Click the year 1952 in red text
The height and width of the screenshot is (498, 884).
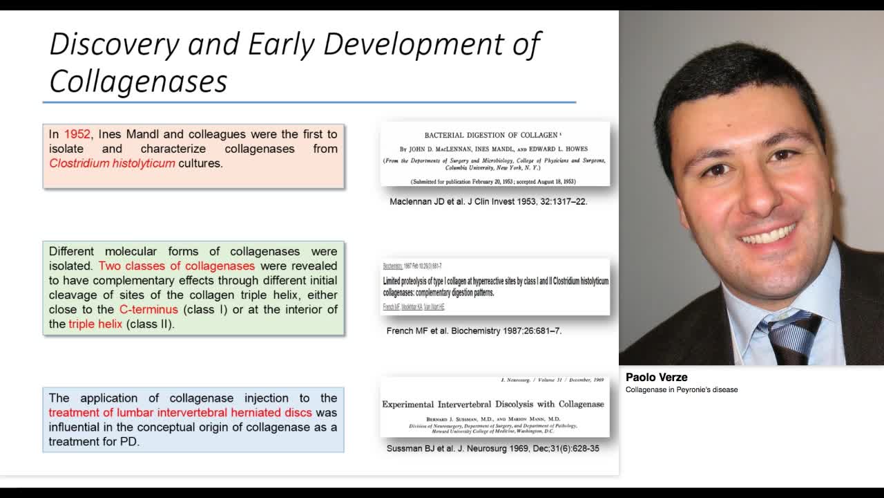click(77, 134)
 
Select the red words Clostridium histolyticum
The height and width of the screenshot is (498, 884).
click(112, 163)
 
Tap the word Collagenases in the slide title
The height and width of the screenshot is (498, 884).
click(138, 82)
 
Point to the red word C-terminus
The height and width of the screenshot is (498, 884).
click(148, 309)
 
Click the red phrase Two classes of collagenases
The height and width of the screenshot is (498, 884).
click(177, 266)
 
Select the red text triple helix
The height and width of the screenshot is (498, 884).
click(95, 324)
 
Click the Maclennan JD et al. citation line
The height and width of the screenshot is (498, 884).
click(488, 202)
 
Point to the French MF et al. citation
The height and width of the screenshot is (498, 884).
click(474, 331)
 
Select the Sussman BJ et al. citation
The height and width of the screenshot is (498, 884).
click(492, 448)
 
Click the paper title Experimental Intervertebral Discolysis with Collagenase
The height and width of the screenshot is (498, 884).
click(492, 404)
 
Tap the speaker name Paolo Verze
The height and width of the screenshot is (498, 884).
click(656, 377)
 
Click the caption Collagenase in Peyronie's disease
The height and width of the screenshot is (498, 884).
click(681, 389)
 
